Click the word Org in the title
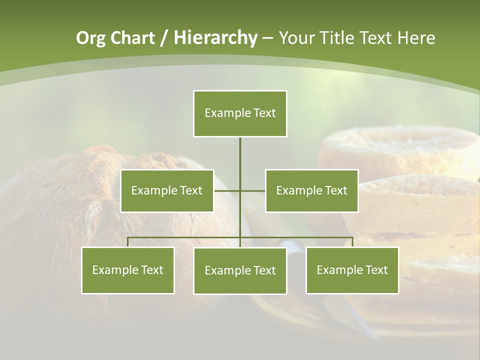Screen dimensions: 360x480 [91, 38]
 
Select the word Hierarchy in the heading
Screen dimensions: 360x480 [215, 38]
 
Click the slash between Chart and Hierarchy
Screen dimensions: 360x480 [163, 38]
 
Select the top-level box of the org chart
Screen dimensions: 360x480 [240, 113]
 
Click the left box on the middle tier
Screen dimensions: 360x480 [167, 190]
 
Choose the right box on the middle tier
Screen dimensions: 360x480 [311, 190]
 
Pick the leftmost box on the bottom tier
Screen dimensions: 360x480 [128, 270]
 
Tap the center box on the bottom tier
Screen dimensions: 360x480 [240, 271]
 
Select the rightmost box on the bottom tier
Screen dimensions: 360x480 [352, 270]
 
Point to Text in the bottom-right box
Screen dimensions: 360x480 [376, 270]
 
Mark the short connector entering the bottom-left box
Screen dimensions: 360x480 [128, 242]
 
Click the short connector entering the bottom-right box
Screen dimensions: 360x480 [352, 242]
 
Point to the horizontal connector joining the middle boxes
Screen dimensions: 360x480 [240, 190]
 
